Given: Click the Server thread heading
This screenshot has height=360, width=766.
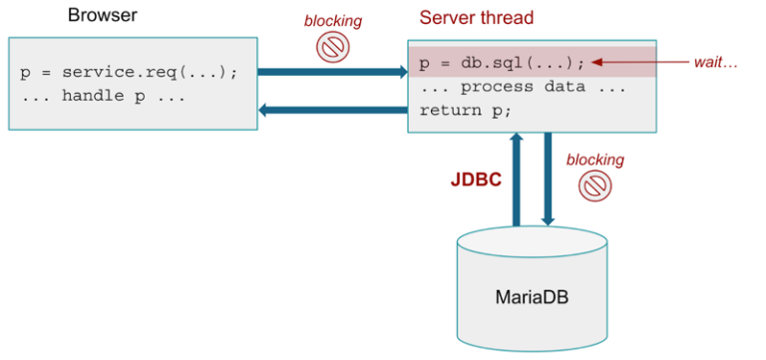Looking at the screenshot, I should [x=476, y=18].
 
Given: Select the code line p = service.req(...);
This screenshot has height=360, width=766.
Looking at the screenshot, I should [x=129, y=73].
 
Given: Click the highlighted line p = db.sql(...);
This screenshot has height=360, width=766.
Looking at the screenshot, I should [x=502, y=63].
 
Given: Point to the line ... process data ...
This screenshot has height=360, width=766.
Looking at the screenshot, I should [x=523, y=87].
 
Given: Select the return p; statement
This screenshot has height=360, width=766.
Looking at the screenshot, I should [x=465, y=110].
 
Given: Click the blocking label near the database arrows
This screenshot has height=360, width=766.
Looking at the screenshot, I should [x=594, y=160].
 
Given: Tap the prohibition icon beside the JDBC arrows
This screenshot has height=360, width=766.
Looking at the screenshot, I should [x=595, y=185].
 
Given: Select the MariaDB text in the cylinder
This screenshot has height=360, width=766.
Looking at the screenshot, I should [x=533, y=296].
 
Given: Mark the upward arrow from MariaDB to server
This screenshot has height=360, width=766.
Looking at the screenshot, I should [x=517, y=180].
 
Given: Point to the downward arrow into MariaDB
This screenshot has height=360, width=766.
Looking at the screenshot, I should [x=549, y=180].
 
